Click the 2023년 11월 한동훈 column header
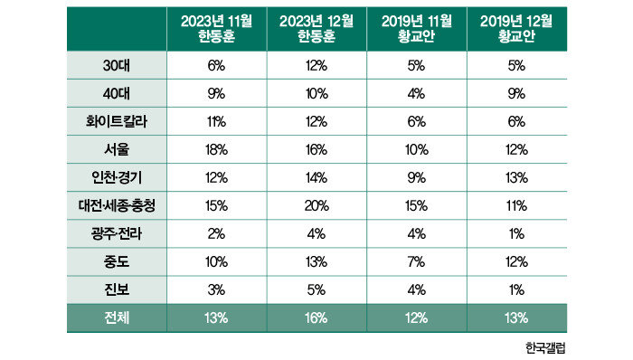[x=216, y=29]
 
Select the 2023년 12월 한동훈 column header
[x=316, y=29]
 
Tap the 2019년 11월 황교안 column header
[x=417, y=29]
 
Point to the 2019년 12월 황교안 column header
[x=516, y=29]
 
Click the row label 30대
[x=117, y=65]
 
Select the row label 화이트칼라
[x=117, y=121]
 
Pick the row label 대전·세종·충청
[x=117, y=206]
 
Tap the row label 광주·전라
[x=117, y=233]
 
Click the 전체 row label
[x=117, y=318]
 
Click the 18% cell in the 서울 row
[x=216, y=150]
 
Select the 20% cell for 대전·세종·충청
[x=316, y=206]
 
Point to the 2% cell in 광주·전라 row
[x=216, y=233]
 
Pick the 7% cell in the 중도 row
[x=417, y=262]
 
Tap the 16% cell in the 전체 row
[x=316, y=318]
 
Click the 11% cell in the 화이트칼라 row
[x=216, y=121]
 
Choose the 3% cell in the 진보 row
[x=216, y=289]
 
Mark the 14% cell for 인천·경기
[x=316, y=177]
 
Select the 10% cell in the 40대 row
[x=316, y=94]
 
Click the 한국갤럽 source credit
[x=545, y=347]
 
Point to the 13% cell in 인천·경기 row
[x=516, y=177]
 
